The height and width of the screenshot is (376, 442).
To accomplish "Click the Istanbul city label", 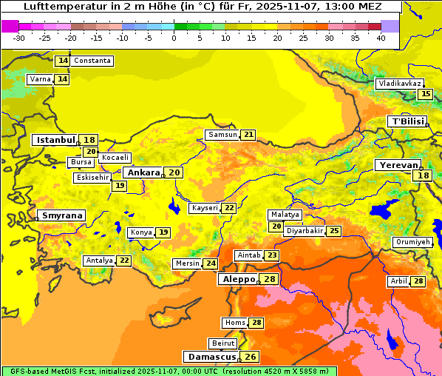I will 55,140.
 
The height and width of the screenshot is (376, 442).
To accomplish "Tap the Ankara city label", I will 143,172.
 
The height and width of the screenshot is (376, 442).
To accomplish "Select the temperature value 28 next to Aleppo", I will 269,279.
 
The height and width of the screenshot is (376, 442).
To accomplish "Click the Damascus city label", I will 211,357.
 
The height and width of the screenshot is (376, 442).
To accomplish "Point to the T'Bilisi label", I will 408,121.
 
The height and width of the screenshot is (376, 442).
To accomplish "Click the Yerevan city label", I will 398,165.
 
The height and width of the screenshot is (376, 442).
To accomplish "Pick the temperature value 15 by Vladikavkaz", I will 425,94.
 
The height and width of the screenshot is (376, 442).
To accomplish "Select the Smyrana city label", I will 61,215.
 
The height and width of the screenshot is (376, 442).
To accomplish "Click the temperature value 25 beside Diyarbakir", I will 334,231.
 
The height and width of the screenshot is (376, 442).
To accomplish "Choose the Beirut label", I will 223,343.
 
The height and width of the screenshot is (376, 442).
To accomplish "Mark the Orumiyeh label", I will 412,242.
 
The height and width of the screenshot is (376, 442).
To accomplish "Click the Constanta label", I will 93,61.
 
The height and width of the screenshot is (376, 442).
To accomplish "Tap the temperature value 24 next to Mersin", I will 211,263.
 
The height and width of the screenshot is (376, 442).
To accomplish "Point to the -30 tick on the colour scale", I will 19,38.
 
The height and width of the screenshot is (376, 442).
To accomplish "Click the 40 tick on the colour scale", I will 381,38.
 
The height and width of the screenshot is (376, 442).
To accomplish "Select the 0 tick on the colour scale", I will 174,38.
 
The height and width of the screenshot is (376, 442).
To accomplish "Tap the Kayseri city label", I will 205,208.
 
